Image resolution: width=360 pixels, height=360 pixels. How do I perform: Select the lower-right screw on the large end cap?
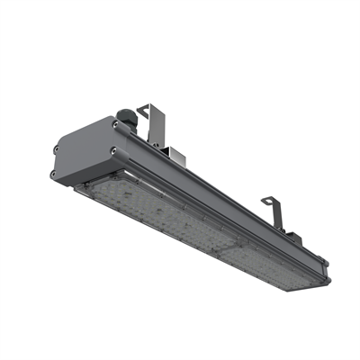(x=113, y=150)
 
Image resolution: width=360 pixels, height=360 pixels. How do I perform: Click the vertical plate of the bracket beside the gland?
(x=162, y=126)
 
